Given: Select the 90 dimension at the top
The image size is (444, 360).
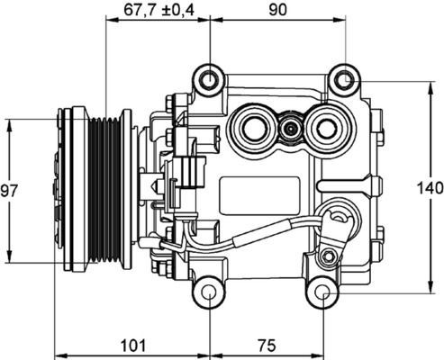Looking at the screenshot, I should pos(277,11).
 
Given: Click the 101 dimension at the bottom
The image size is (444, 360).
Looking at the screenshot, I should pos(132,344).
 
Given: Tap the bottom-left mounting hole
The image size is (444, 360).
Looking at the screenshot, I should pos(208,293).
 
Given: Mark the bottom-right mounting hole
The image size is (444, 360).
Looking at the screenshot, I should pos(322,293).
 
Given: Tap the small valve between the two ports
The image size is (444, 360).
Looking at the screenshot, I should pos(289,130).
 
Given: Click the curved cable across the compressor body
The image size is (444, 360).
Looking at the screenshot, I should pos(261,234).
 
